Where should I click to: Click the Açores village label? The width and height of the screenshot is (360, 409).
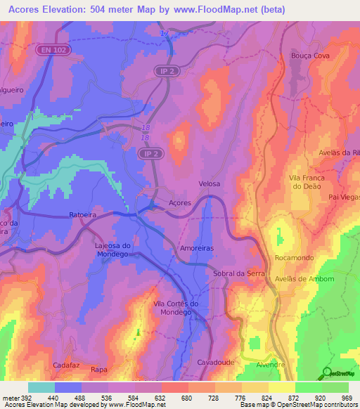click(x=180, y=203)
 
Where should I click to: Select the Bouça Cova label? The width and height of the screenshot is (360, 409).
click(x=309, y=56)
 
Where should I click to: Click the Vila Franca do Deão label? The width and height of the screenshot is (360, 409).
click(x=304, y=183)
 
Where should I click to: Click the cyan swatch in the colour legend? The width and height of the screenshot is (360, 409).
click(x=41, y=387)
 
